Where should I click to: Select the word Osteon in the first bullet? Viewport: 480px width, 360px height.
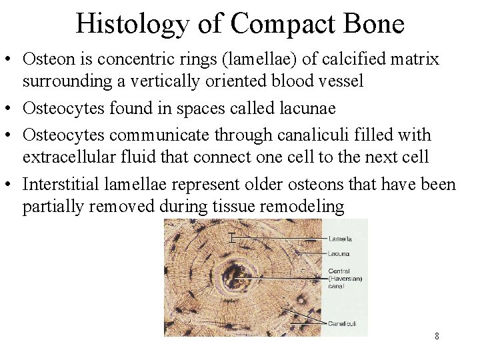pos(45,59)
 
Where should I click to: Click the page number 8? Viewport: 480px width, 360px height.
pos(437,336)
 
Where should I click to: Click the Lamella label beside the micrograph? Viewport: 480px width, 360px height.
pos(340,239)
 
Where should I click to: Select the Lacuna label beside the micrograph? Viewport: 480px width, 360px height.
pos(339,254)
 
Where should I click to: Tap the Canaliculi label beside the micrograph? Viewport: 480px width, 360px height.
pos(342,324)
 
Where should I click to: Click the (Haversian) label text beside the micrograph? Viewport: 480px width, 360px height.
pos(345,279)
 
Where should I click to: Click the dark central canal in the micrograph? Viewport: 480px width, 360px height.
pos(235,273)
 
